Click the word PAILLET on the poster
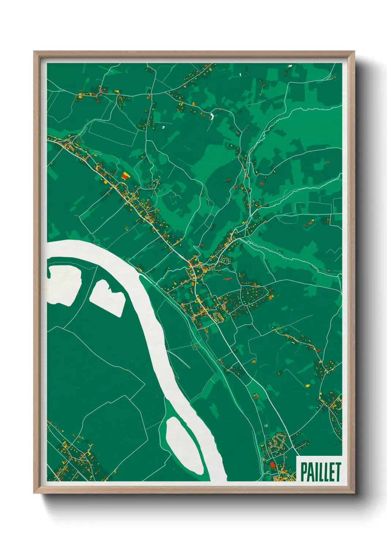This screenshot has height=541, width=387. [x=320, y=472]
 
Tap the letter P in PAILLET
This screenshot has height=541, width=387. [x=304, y=472]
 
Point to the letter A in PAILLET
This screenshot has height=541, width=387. [x=310, y=472]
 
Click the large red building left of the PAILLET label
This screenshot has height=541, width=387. [x=272, y=465]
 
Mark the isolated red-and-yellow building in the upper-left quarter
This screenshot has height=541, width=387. [x=125, y=176]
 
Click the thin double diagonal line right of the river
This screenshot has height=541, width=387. [x=179, y=359]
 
